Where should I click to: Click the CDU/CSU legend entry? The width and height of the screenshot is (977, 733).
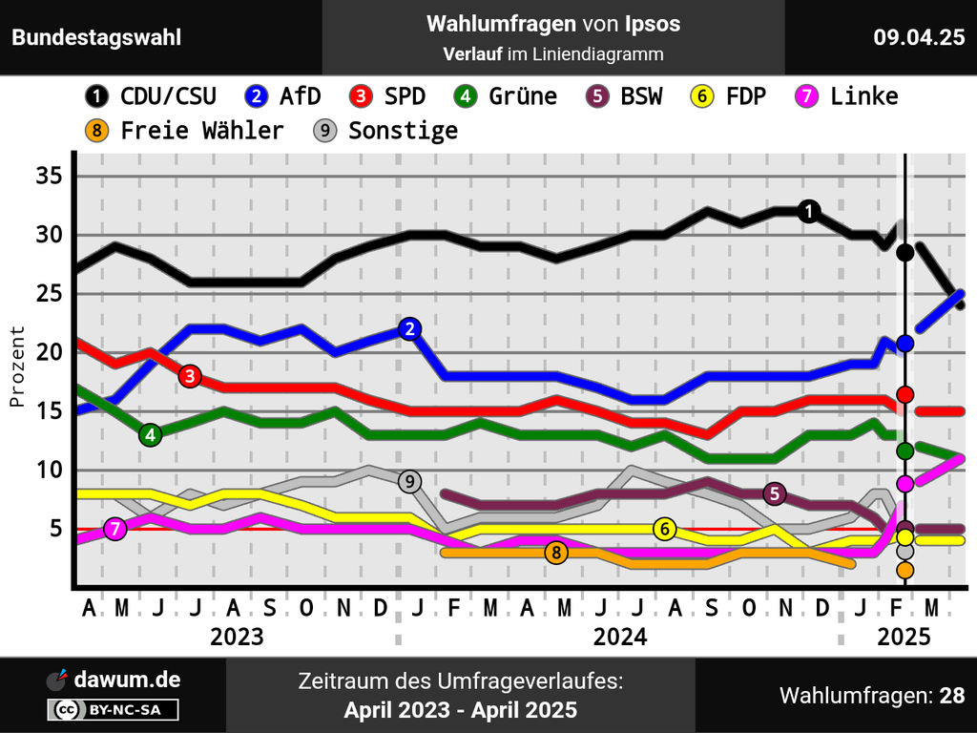pos(151,96)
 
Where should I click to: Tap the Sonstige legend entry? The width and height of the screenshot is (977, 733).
pos(385,131)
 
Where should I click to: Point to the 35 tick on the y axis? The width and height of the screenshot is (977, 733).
pos(49,177)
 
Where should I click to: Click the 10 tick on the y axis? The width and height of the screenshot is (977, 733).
pos(49,470)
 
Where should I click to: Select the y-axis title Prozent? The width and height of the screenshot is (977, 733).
pos(17,366)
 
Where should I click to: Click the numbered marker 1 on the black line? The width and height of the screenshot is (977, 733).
pos(809,211)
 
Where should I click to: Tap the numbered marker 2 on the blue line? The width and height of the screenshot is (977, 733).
pos(409,329)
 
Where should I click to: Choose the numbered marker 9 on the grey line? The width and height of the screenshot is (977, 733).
pos(409,481)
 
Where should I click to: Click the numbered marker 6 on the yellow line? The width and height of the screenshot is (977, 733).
pos(665,529)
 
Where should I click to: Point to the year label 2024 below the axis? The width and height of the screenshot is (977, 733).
pos(620,637)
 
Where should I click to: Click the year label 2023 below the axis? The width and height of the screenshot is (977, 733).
pos(237,637)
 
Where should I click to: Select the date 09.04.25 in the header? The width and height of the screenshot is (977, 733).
pos(919,38)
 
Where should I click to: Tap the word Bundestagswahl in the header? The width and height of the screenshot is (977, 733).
pos(96,38)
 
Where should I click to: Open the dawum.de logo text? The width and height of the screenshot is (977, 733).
pos(126,680)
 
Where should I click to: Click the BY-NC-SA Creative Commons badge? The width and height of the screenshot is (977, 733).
pos(113,709)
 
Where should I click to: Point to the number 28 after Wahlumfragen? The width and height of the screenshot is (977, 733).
pos(951,696)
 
